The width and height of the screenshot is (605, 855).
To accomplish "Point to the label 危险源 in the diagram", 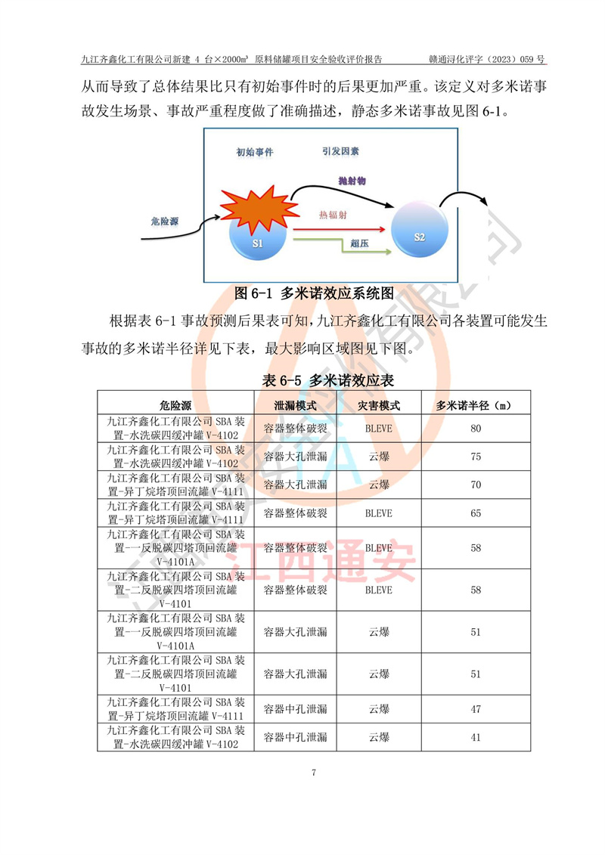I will (165, 221).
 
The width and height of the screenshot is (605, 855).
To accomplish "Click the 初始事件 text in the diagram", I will (255, 153).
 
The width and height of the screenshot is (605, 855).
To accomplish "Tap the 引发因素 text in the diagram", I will (340, 151).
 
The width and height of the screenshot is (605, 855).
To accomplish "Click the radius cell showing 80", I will (476, 429).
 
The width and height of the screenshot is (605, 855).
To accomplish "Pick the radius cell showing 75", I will (476, 457).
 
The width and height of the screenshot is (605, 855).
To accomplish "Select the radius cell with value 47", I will (476, 709).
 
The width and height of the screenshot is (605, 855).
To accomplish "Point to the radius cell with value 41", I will (476, 737).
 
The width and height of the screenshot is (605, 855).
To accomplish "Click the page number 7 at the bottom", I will (313, 773).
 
